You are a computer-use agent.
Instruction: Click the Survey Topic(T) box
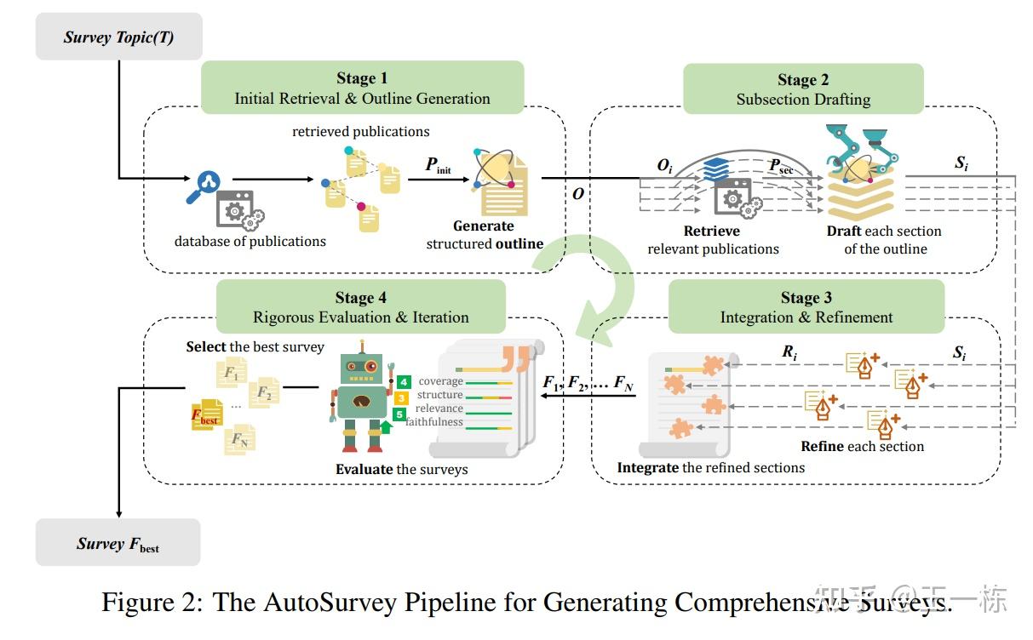(x=118, y=37)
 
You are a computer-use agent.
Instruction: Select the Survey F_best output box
(x=118, y=543)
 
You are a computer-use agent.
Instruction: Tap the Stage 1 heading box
(x=362, y=88)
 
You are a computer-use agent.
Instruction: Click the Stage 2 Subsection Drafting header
(x=803, y=89)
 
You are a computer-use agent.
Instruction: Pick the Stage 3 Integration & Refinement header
(x=806, y=307)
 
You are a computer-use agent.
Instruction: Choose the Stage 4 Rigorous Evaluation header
(x=360, y=307)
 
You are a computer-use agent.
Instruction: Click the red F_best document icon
(x=206, y=414)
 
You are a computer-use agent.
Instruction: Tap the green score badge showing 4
(x=403, y=382)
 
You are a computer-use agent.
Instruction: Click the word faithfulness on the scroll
(x=434, y=422)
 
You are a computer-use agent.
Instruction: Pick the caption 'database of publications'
(x=250, y=242)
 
